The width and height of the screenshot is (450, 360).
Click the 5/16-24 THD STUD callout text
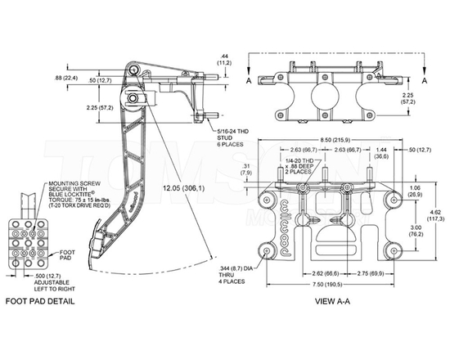click(x=232, y=138)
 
